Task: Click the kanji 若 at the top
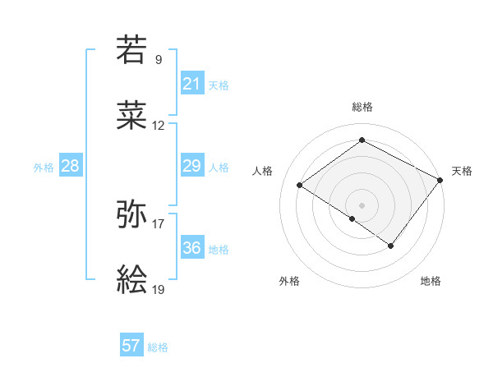click(132, 49)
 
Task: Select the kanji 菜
click(132, 117)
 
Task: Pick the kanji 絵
click(132, 281)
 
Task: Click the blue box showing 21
click(191, 84)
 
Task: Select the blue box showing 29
click(191, 166)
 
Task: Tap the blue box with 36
click(191, 248)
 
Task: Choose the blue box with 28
click(70, 166)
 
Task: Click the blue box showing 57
click(131, 346)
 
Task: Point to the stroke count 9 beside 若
click(159, 59)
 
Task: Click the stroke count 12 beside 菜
click(159, 126)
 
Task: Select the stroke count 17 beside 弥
click(159, 223)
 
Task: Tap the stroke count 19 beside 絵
click(159, 290)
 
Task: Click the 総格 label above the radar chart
click(362, 107)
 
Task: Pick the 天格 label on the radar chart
click(462, 171)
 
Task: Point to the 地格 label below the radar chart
click(431, 281)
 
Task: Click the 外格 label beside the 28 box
click(44, 167)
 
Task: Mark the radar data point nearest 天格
click(441, 179)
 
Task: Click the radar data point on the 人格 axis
click(300, 185)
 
